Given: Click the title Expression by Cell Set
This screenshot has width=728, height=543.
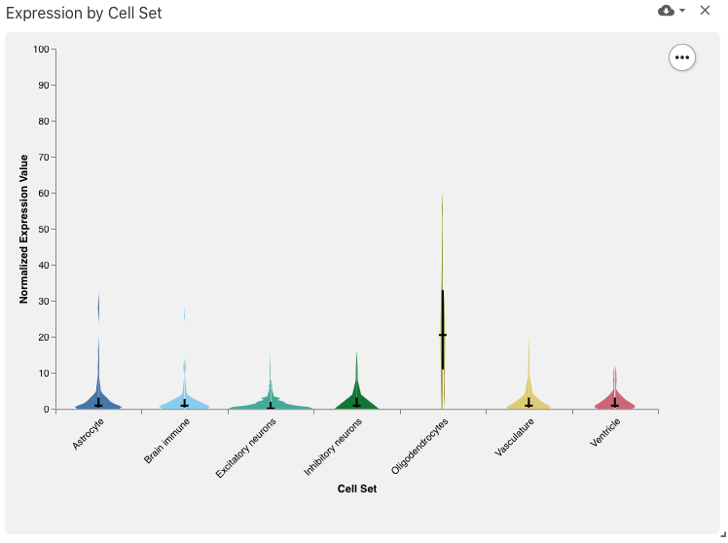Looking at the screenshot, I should click(x=84, y=14).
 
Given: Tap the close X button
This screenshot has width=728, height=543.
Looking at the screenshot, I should click(x=706, y=11).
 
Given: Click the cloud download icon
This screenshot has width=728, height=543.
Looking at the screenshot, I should click(x=667, y=11).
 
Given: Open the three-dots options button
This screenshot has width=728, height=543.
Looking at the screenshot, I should click(x=682, y=57).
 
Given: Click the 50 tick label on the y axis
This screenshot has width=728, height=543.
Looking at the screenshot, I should click(x=44, y=230).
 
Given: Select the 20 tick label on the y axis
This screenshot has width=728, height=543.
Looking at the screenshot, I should click(x=44, y=338).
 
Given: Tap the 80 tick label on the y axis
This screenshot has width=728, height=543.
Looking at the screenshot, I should click(x=44, y=122).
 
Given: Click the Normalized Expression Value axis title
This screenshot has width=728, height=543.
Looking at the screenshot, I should click(x=24, y=229).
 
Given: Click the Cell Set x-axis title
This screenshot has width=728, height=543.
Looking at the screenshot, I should click(x=357, y=489).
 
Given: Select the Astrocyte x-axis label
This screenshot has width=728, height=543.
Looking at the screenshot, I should click(x=90, y=433).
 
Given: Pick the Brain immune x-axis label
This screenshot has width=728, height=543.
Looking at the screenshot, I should click(x=166, y=440).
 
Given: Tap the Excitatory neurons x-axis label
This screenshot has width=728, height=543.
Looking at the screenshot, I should click(x=246, y=448).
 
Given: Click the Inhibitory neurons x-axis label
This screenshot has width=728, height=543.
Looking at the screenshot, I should click(x=333, y=447).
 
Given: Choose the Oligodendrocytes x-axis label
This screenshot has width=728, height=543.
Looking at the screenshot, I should click(x=419, y=446).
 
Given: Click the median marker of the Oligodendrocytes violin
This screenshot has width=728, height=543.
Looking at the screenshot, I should click(x=443, y=335).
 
